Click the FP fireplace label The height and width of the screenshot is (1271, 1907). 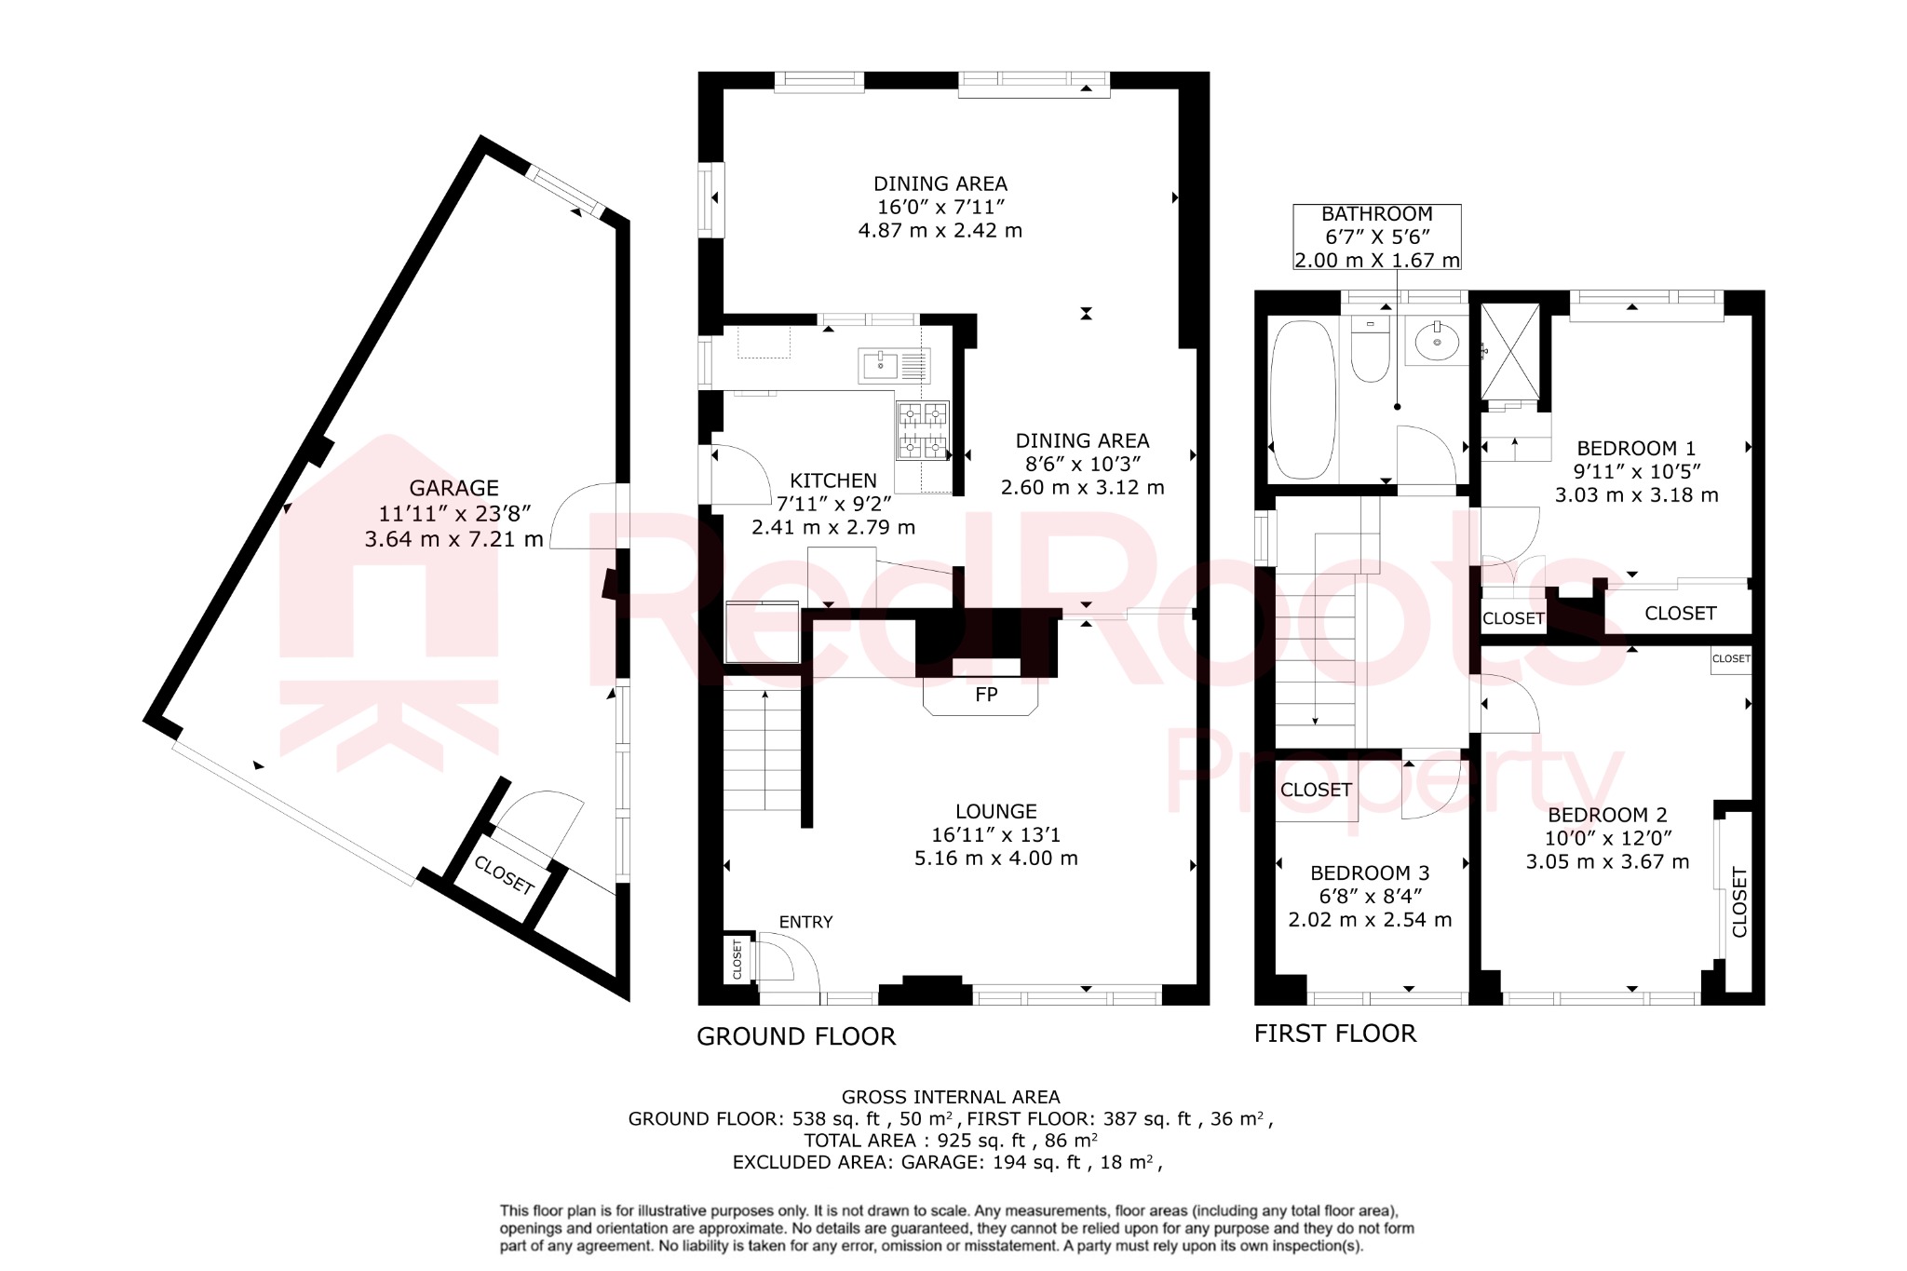985,695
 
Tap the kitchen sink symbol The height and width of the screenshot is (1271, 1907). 880,365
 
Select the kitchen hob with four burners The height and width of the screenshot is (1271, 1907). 922,430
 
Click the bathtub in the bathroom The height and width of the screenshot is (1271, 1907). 1303,400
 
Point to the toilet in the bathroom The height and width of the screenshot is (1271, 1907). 1370,351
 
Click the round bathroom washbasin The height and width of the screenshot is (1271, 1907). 1438,342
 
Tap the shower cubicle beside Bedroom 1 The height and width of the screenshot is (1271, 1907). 1510,351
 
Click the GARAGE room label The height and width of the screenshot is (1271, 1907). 453,488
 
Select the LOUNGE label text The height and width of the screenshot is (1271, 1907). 995,811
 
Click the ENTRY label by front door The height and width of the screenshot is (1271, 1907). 805,922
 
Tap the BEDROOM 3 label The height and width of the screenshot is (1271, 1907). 1369,872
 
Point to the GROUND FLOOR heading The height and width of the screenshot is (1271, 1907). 796,1036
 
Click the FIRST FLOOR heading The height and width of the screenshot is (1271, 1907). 1334,1034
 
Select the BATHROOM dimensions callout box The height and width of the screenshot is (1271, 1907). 1376,237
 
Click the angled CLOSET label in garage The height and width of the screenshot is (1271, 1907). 504,875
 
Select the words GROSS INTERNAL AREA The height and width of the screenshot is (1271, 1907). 950,1097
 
